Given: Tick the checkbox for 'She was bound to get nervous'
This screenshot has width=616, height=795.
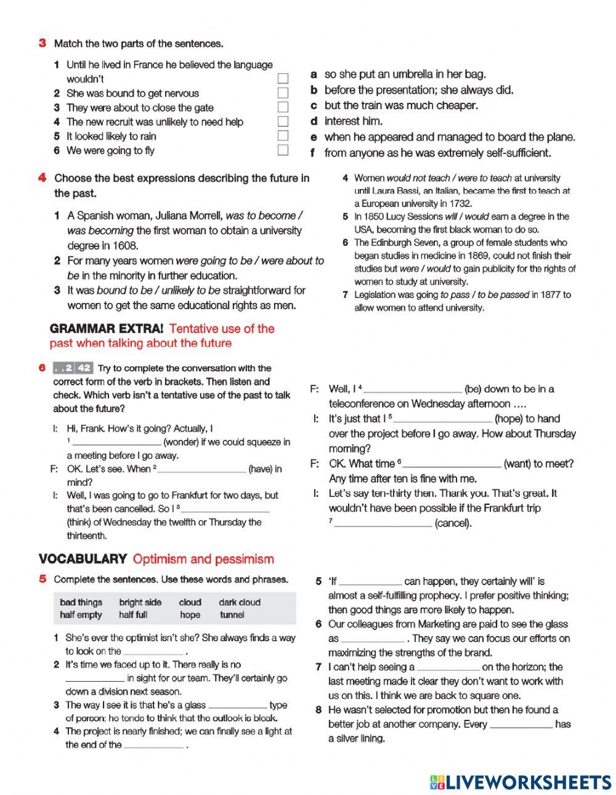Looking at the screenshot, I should coord(283,93).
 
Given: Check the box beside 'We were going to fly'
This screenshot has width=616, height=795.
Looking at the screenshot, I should coord(283,150).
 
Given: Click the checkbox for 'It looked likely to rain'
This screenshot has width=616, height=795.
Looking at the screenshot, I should coord(283,136).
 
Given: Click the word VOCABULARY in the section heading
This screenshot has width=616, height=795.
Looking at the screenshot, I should coord(83,559).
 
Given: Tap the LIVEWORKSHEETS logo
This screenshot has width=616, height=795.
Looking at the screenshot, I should coord(521,782).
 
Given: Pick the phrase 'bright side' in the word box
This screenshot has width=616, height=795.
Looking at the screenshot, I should coord(140,602).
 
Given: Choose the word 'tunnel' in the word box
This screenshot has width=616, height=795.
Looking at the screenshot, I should coord(232,615).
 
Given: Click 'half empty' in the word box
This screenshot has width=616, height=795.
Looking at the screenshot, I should coord(81,615).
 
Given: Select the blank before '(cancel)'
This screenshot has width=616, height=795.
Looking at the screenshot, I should coord(382,523).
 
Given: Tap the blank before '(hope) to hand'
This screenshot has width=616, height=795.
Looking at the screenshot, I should coord(444,419).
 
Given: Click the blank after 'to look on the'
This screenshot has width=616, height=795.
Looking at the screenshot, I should coord(153,652).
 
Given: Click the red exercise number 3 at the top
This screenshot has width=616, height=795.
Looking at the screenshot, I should coord(43,43).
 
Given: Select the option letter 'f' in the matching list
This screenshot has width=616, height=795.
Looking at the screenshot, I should coord(313,153).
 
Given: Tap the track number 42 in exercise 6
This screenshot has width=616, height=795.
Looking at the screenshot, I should coord(84,368).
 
